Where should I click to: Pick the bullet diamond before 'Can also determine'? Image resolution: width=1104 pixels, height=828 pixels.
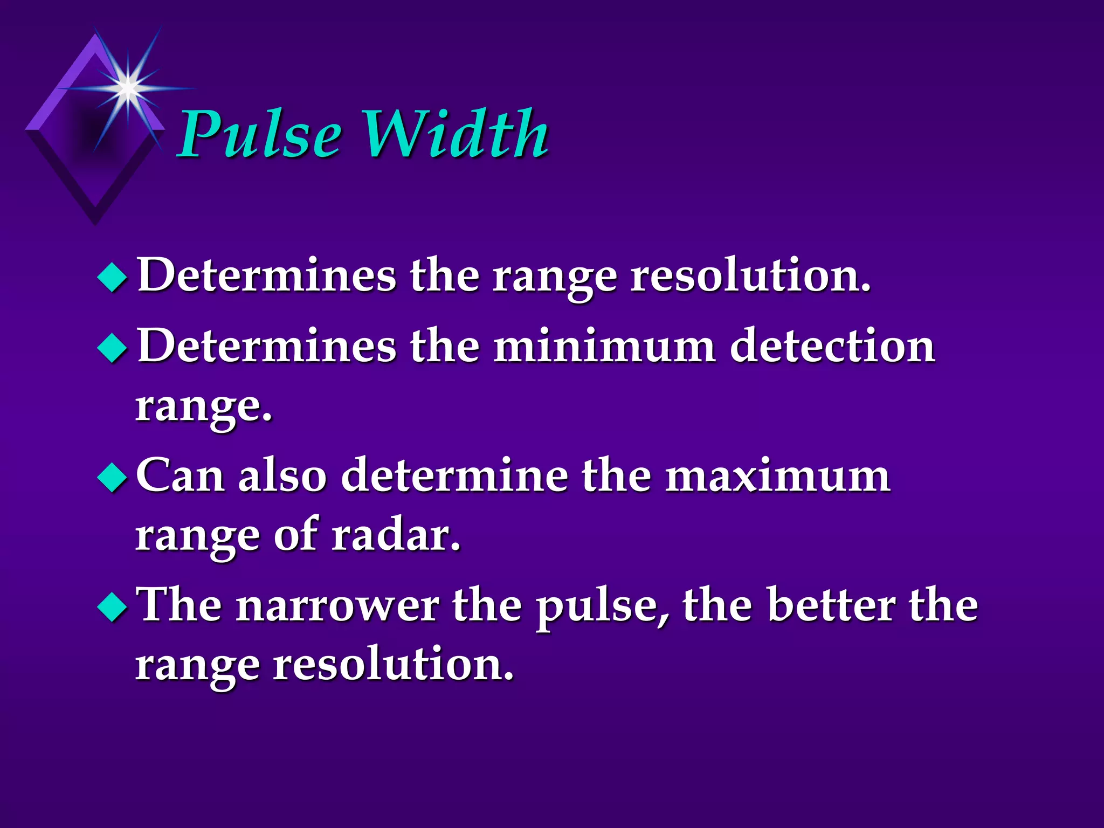113,477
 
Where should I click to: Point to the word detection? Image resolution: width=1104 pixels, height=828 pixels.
832,346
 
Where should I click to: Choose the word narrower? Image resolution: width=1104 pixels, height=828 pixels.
337,606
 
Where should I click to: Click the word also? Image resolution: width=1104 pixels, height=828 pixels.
282,476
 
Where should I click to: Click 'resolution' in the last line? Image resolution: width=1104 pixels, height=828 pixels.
394,665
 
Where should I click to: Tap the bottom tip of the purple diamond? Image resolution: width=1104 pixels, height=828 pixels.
95,224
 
